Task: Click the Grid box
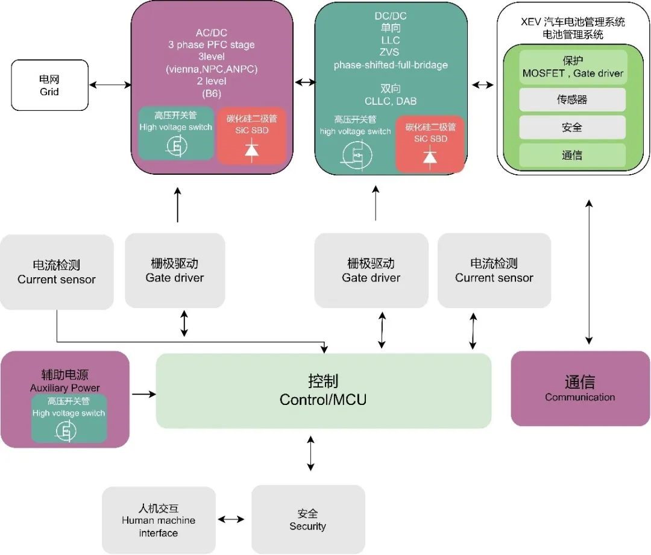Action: click(x=49, y=86)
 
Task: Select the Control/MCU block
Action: click(x=323, y=390)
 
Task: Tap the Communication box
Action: click(x=580, y=389)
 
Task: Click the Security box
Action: click(x=307, y=519)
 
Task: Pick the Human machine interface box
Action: click(x=159, y=519)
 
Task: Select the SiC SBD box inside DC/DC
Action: click(x=430, y=144)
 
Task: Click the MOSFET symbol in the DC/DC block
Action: click(x=356, y=154)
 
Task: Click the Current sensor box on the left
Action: click(x=57, y=272)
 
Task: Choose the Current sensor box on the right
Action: click(x=494, y=271)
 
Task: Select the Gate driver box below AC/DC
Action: click(x=175, y=271)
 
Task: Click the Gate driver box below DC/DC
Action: click(x=371, y=271)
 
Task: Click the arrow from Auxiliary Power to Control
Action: click(x=143, y=394)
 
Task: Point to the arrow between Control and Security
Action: click(x=310, y=454)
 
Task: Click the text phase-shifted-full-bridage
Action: click(x=391, y=65)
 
